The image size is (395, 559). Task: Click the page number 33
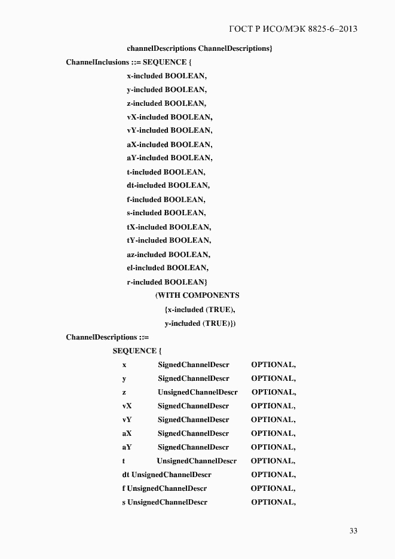click(353, 531)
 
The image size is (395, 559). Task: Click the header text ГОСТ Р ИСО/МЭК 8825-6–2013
click(293, 29)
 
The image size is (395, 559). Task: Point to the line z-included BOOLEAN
click(166, 103)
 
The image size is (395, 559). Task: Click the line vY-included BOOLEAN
click(169, 130)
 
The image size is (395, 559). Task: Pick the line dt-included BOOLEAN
click(168, 185)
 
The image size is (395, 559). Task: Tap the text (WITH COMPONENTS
click(197, 295)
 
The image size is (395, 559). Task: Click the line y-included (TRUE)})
click(200, 323)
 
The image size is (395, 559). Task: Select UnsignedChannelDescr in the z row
click(197, 392)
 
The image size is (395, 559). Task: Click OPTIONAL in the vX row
click(273, 406)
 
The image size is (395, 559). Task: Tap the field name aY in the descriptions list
click(127, 447)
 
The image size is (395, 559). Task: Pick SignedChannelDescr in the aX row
click(193, 433)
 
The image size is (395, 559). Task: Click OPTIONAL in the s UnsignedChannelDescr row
click(273, 502)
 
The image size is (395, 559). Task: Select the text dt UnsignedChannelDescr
click(167, 475)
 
